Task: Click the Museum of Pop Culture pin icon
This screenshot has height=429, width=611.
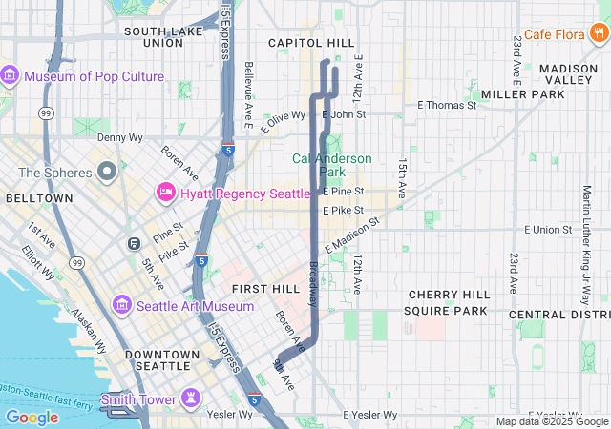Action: click(x=11, y=76)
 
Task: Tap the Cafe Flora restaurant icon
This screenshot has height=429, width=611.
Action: click(x=598, y=35)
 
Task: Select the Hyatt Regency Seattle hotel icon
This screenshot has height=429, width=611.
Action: click(x=164, y=194)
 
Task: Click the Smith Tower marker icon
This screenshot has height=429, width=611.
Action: click(x=193, y=398)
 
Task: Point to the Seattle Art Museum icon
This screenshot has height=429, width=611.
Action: click(x=121, y=306)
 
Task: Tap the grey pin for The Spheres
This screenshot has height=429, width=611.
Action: click(x=107, y=174)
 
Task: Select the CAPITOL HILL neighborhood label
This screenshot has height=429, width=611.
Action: click(x=310, y=43)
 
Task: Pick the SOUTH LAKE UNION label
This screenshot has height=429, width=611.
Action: click(x=154, y=36)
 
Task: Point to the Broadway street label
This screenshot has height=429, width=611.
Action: click(x=313, y=283)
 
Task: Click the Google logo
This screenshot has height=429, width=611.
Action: click(x=32, y=417)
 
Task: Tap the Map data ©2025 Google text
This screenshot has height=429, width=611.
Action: click(x=551, y=421)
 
